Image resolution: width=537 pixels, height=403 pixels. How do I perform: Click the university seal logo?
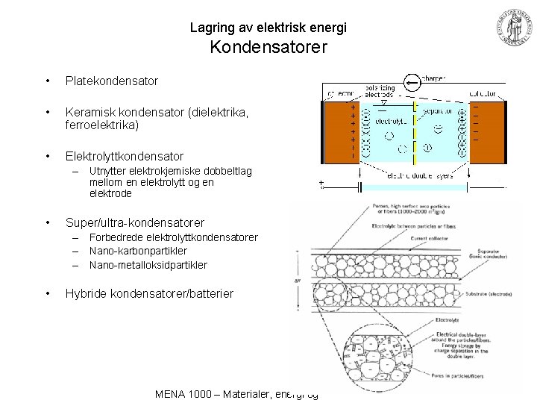[x=514, y=26]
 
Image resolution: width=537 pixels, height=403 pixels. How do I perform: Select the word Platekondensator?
[x=111, y=80]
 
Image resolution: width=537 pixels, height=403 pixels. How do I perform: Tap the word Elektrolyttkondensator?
[x=124, y=156]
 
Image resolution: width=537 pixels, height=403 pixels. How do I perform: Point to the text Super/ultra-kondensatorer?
[x=134, y=222]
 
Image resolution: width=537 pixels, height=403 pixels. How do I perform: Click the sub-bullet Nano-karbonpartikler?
[x=138, y=251]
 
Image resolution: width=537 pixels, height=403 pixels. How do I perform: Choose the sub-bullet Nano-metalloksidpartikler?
[x=148, y=264]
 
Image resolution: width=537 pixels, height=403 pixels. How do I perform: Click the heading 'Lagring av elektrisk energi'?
[x=268, y=28]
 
